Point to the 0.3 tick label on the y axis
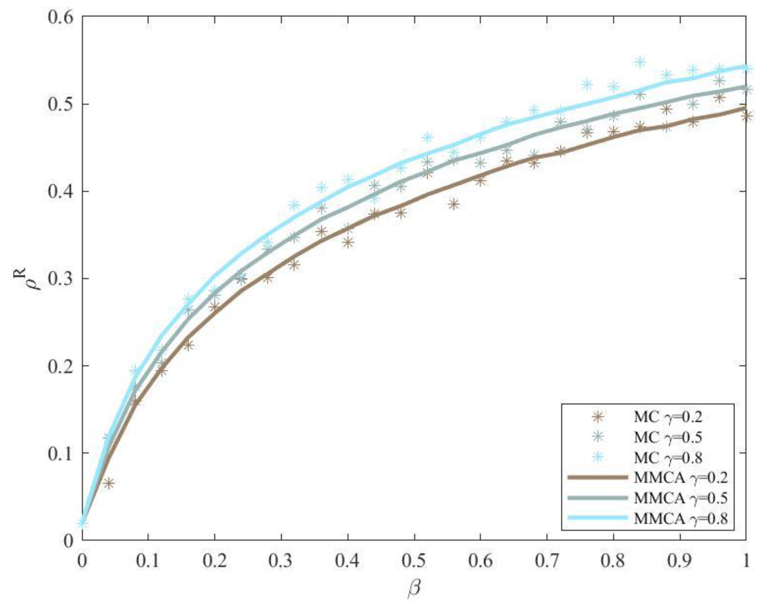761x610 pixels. click(x=63, y=279)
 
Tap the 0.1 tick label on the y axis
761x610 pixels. click(x=63, y=453)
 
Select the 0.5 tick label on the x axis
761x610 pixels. click(x=414, y=561)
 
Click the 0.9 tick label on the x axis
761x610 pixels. click(x=680, y=561)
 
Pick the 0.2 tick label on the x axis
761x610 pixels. click(x=215, y=561)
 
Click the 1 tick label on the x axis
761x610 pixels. click(x=746, y=561)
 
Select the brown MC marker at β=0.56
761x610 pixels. click(x=454, y=204)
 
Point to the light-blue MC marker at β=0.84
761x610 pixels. click(x=640, y=63)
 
